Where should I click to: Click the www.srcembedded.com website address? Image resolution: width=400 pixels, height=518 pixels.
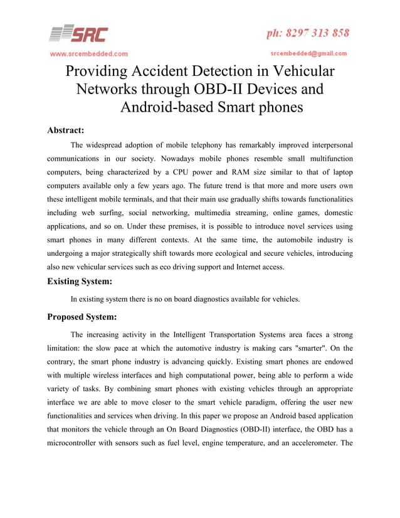89,53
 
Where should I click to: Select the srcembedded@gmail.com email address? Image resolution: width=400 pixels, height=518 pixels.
308,53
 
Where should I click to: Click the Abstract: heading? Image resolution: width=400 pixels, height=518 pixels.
66,130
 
